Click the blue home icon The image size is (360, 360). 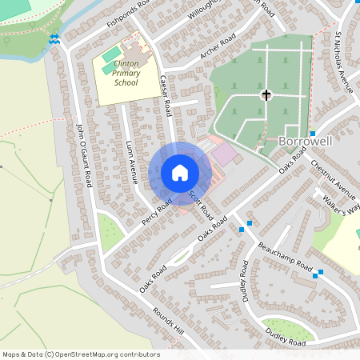pos(180,173)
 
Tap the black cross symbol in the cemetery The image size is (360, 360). pos(266,95)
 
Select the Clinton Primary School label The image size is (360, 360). pos(126,71)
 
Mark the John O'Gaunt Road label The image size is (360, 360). pos(84,155)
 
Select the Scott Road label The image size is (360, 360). pos(199,205)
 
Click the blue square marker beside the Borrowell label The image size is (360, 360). pos(312,133)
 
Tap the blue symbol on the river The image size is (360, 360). pos(54,38)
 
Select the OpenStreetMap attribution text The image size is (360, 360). pos(81,354)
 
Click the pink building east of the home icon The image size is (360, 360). pos(225,154)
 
